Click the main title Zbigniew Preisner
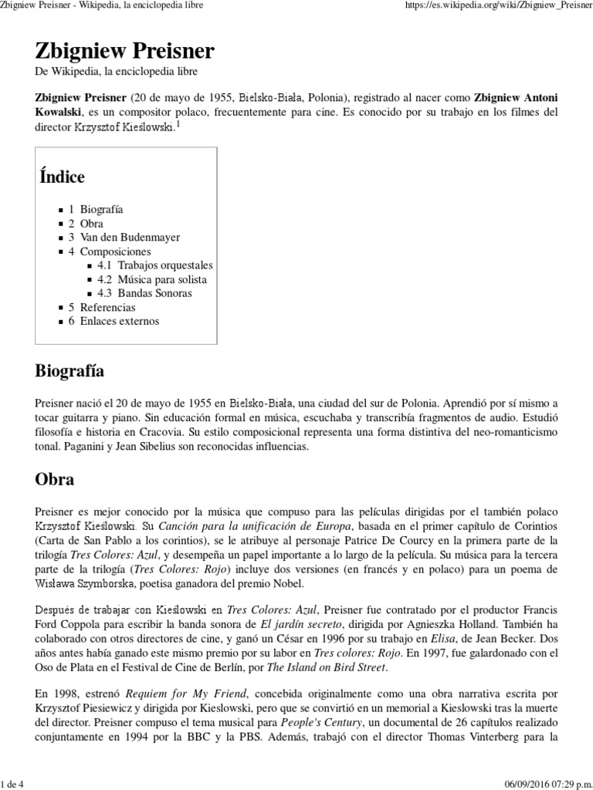tap(125, 52)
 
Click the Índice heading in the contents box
tap(62, 177)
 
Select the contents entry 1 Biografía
tap(96, 210)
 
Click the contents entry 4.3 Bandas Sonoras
tap(144, 293)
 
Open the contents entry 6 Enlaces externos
tap(114, 321)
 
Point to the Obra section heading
tap(55, 479)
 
